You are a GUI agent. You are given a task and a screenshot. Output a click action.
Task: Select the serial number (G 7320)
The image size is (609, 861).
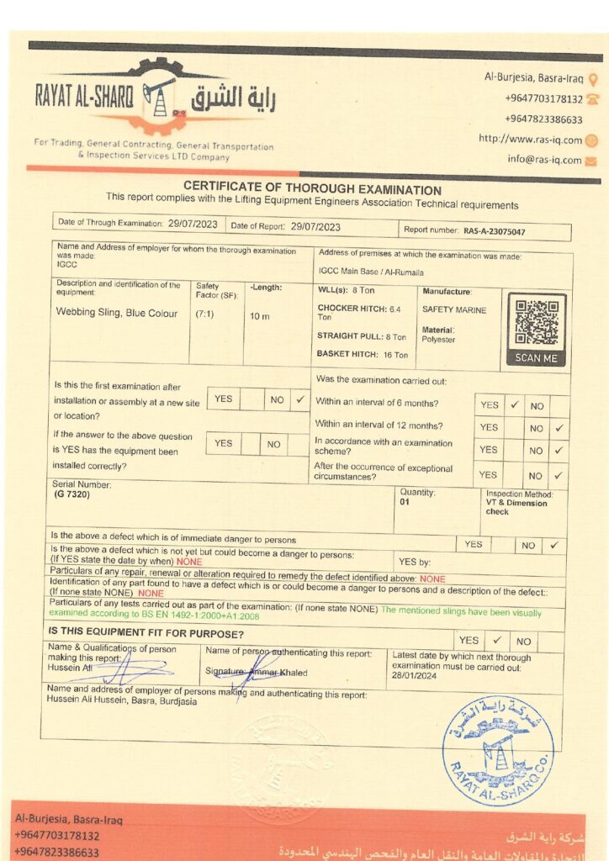click(x=72, y=494)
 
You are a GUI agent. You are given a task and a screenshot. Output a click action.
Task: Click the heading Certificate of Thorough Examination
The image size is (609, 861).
click(x=312, y=190)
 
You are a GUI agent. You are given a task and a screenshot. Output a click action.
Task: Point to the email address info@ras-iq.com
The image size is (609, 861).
click(x=544, y=159)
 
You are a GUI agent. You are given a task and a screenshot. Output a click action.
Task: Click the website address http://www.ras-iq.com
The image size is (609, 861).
click(x=530, y=140)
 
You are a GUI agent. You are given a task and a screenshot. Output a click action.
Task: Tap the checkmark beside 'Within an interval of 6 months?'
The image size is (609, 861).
click(x=515, y=404)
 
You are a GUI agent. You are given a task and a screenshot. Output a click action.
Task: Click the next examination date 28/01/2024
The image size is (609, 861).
click(x=415, y=675)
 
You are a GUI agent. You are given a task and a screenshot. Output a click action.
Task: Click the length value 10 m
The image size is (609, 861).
click(x=259, y=316)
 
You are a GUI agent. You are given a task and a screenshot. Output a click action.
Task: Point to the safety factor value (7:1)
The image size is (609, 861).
click(x=204, y=314)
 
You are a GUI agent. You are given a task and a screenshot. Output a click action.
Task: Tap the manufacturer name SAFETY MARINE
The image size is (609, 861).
click(x=454, y=309)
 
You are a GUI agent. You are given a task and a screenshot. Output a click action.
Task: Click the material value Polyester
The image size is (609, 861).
click(x=438, y=340)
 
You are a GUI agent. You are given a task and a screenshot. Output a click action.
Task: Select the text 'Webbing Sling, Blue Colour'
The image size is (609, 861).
click(x=117, y=313)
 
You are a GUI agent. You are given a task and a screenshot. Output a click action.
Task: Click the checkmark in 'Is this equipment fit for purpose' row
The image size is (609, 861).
click(x=497, y=640)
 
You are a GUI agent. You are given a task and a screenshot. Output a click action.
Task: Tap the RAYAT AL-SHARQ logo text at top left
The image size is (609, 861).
click(x=84, y=97)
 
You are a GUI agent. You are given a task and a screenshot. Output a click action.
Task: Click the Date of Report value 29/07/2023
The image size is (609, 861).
click(x=315, y=226)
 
